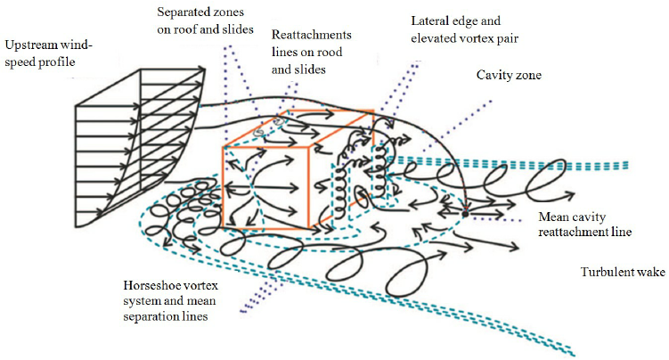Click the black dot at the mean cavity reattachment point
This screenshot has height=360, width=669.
pos(465,214)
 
